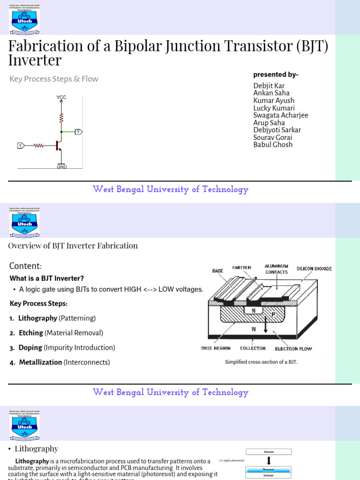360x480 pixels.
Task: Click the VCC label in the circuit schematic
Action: coord(61,97)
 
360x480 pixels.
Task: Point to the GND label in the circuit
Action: coord(61,166)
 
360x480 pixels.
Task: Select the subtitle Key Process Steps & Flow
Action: coord(54,79)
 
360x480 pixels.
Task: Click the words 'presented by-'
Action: coord(276,75)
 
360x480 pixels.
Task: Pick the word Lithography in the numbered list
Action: coord(37,318)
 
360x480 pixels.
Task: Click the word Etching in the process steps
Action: coord(30,333)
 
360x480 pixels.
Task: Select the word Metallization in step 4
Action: coord(40,362)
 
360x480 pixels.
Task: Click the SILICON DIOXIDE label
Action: coord(314,269)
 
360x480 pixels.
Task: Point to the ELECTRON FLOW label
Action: coord(293,349)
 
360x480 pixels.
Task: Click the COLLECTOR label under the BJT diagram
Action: coord(253,348)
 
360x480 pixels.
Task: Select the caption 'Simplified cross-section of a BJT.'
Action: coord(261,362)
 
